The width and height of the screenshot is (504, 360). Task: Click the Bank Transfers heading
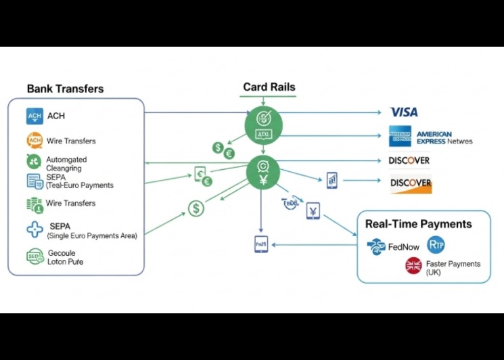tap(65, 89)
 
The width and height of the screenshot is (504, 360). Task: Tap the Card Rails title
tap(269, 87)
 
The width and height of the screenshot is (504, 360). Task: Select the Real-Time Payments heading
tap(418, 224)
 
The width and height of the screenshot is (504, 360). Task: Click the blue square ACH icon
tap(35, 116)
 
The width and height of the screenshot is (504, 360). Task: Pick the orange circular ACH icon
tap(35, 141)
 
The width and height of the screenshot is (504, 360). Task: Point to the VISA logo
tap(404, 112)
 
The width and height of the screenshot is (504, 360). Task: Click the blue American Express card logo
tap(400, 137)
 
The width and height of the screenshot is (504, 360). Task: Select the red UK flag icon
tap(413, 266)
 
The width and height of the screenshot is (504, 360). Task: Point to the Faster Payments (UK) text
tap(453, 267)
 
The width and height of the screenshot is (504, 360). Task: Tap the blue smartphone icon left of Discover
tap(332, 180)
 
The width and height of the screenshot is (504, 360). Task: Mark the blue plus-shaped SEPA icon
tap(35, 229)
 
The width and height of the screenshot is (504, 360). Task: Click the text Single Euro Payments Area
tap(92, 235)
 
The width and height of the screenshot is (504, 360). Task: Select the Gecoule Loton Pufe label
tap(66, 257)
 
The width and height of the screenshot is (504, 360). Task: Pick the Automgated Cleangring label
tap(66, 164)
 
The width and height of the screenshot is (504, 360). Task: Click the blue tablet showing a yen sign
tap(313, 211)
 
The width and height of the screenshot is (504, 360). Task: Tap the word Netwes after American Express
tap(459, 141)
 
